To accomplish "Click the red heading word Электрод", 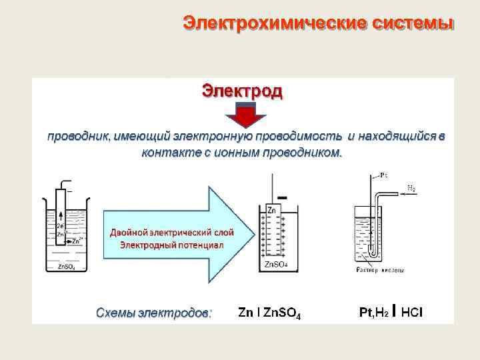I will click(x=242, y=90).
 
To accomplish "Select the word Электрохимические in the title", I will click(x=271, y=23).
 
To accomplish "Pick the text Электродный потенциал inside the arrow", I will click(x=171, y=245).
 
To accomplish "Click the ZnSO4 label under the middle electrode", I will click(x=277, y=265).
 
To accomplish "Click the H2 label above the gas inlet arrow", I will click(x=411, y=189).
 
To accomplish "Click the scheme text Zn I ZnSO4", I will click(x=269, y=312).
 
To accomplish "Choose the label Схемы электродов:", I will click(x=153, y=312).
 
